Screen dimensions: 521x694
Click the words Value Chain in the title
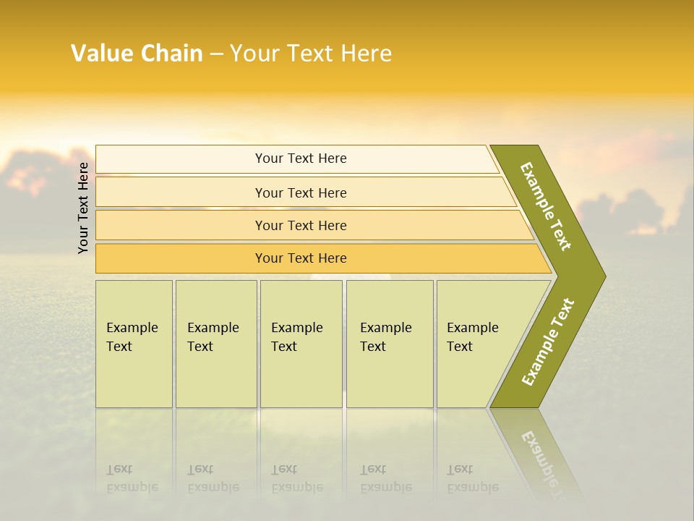tap(137, 54)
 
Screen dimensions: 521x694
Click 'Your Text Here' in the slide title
tap(311, 54)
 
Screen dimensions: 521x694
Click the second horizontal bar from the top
tap(301, 192)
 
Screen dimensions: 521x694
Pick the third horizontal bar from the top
tap(301, 225)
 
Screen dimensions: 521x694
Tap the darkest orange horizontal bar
tap(301, 258)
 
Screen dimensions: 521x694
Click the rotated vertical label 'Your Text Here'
tap(83, 208)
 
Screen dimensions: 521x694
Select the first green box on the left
tap(134, 344)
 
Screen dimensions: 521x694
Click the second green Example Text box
tap(215, 344)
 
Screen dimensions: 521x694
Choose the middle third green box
tap(301, 344)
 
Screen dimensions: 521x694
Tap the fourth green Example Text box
tap(390, 344)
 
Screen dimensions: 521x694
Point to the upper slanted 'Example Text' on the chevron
tap(546, 206)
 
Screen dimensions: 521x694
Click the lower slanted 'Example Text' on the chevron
tap(548, 342)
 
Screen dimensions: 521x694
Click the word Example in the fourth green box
tap(385, 328)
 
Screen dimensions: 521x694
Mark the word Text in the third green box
tap(284, 347)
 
